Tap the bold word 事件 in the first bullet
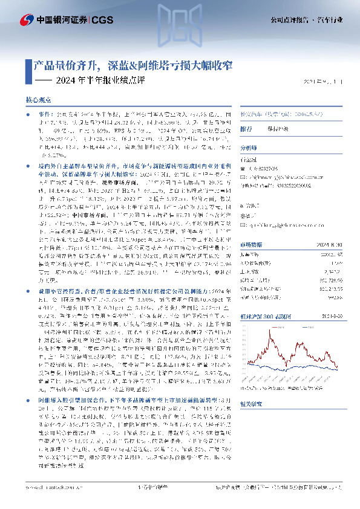[47, 114]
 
